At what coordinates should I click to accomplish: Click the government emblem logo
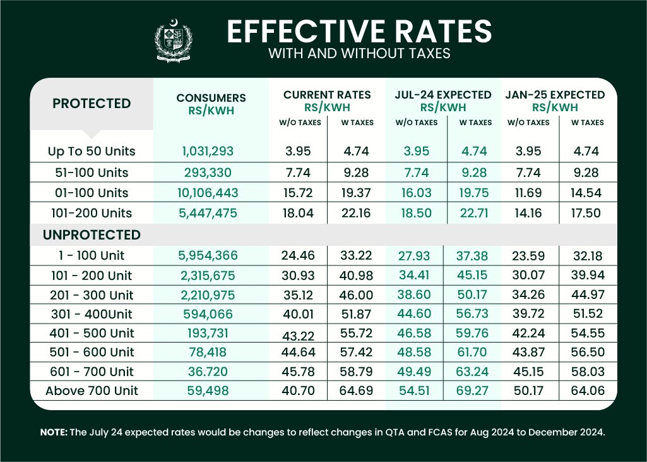coord(174,41)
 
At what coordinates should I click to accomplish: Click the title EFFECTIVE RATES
coord(359,31)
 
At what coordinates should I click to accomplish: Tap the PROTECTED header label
coord(92,104)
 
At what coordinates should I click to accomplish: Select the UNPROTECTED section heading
coord(92,235)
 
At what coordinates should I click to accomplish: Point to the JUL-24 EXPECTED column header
coord(443,95)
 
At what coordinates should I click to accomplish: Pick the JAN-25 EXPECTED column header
coord(555,95)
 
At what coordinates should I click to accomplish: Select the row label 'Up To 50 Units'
coord(92,152)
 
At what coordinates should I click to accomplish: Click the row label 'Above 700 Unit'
coord(92,391)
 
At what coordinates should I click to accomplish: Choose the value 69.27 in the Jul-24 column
coord(473,391)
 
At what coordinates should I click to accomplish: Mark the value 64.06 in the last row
coord(588,391)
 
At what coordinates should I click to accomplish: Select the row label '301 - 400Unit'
coord(92,314)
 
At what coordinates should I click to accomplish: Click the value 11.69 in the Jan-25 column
coord(528,193)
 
